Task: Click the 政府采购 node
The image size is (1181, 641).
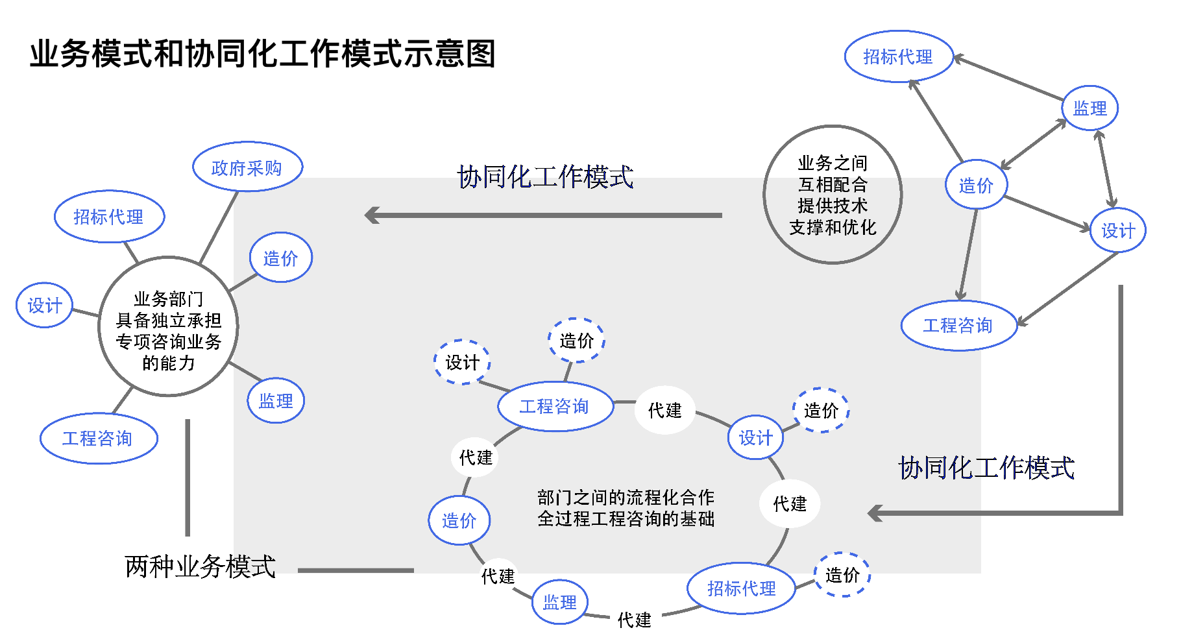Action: coord(247,167)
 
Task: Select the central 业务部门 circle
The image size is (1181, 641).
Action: coord(168,326)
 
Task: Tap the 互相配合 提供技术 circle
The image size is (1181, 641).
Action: coord(833,195)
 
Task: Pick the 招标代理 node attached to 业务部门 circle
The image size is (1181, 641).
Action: coord(109,217)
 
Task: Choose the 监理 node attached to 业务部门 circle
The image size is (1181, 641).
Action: coord(276,401)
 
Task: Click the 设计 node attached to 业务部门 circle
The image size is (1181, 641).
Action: coord(44,305)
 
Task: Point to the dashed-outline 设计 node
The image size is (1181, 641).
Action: coord(462,362)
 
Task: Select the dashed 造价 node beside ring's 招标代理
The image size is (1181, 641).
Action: coord(842,574)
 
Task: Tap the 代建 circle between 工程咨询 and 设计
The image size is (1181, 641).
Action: coord(664,410)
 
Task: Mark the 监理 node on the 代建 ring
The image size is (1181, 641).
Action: coord(559,602)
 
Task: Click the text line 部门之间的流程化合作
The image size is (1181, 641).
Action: coord(626,498)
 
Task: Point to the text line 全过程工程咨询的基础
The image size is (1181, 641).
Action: coord(626,519)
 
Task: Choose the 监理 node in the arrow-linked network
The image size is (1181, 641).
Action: coord(1090,108)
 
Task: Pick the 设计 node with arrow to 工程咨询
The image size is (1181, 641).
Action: coord(1118,230)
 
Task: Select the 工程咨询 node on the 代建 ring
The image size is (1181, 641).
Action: coord(555,407)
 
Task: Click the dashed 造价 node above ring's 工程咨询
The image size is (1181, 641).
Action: coord(576,341)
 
